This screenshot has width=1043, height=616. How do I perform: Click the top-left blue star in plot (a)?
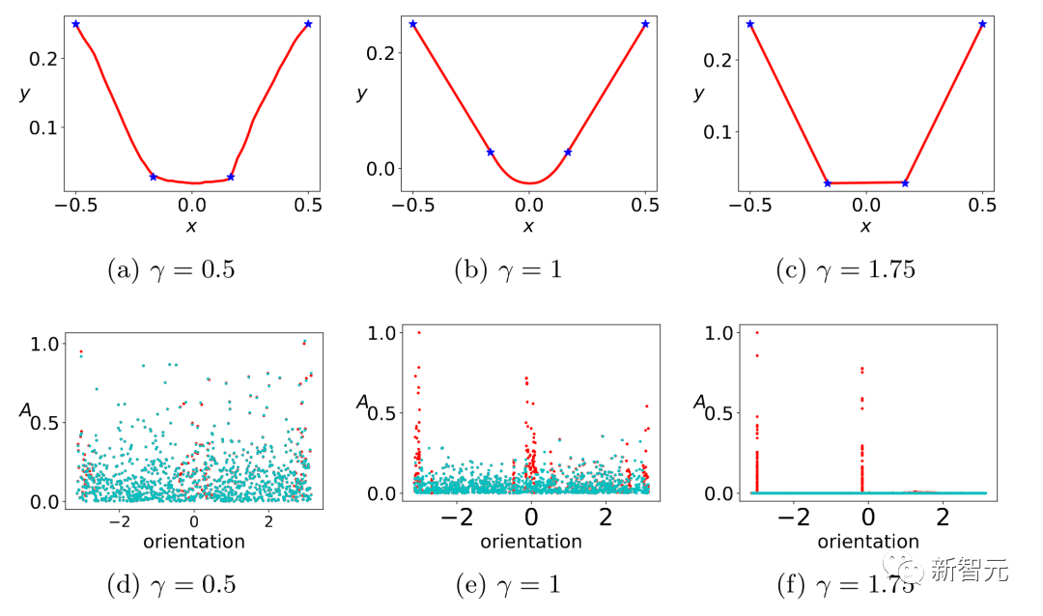(x=75, y=24)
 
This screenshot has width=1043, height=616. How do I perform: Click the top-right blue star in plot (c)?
(x=982, y=24)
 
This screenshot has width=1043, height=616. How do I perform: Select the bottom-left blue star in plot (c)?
(x=828, y=182)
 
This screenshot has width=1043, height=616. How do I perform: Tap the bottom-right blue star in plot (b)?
(x=568, y=152)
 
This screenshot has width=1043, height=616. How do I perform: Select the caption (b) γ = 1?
(x=508, y=268)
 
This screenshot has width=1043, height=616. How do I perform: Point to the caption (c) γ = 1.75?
(x=845, y=268)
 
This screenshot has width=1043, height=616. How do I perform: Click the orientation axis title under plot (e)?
(x=531, y=542)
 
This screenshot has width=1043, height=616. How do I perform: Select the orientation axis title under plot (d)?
(x=194, y=542)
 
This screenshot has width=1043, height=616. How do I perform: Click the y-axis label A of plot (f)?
(x=699, y=402)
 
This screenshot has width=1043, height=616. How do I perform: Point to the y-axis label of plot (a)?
(x=24, y=94)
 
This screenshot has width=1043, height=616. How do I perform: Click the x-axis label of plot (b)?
(x=528, y=226)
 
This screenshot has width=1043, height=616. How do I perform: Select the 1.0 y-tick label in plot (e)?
(x=383, y=333)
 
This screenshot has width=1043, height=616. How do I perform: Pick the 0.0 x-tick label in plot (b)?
(x=528, y=205)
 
